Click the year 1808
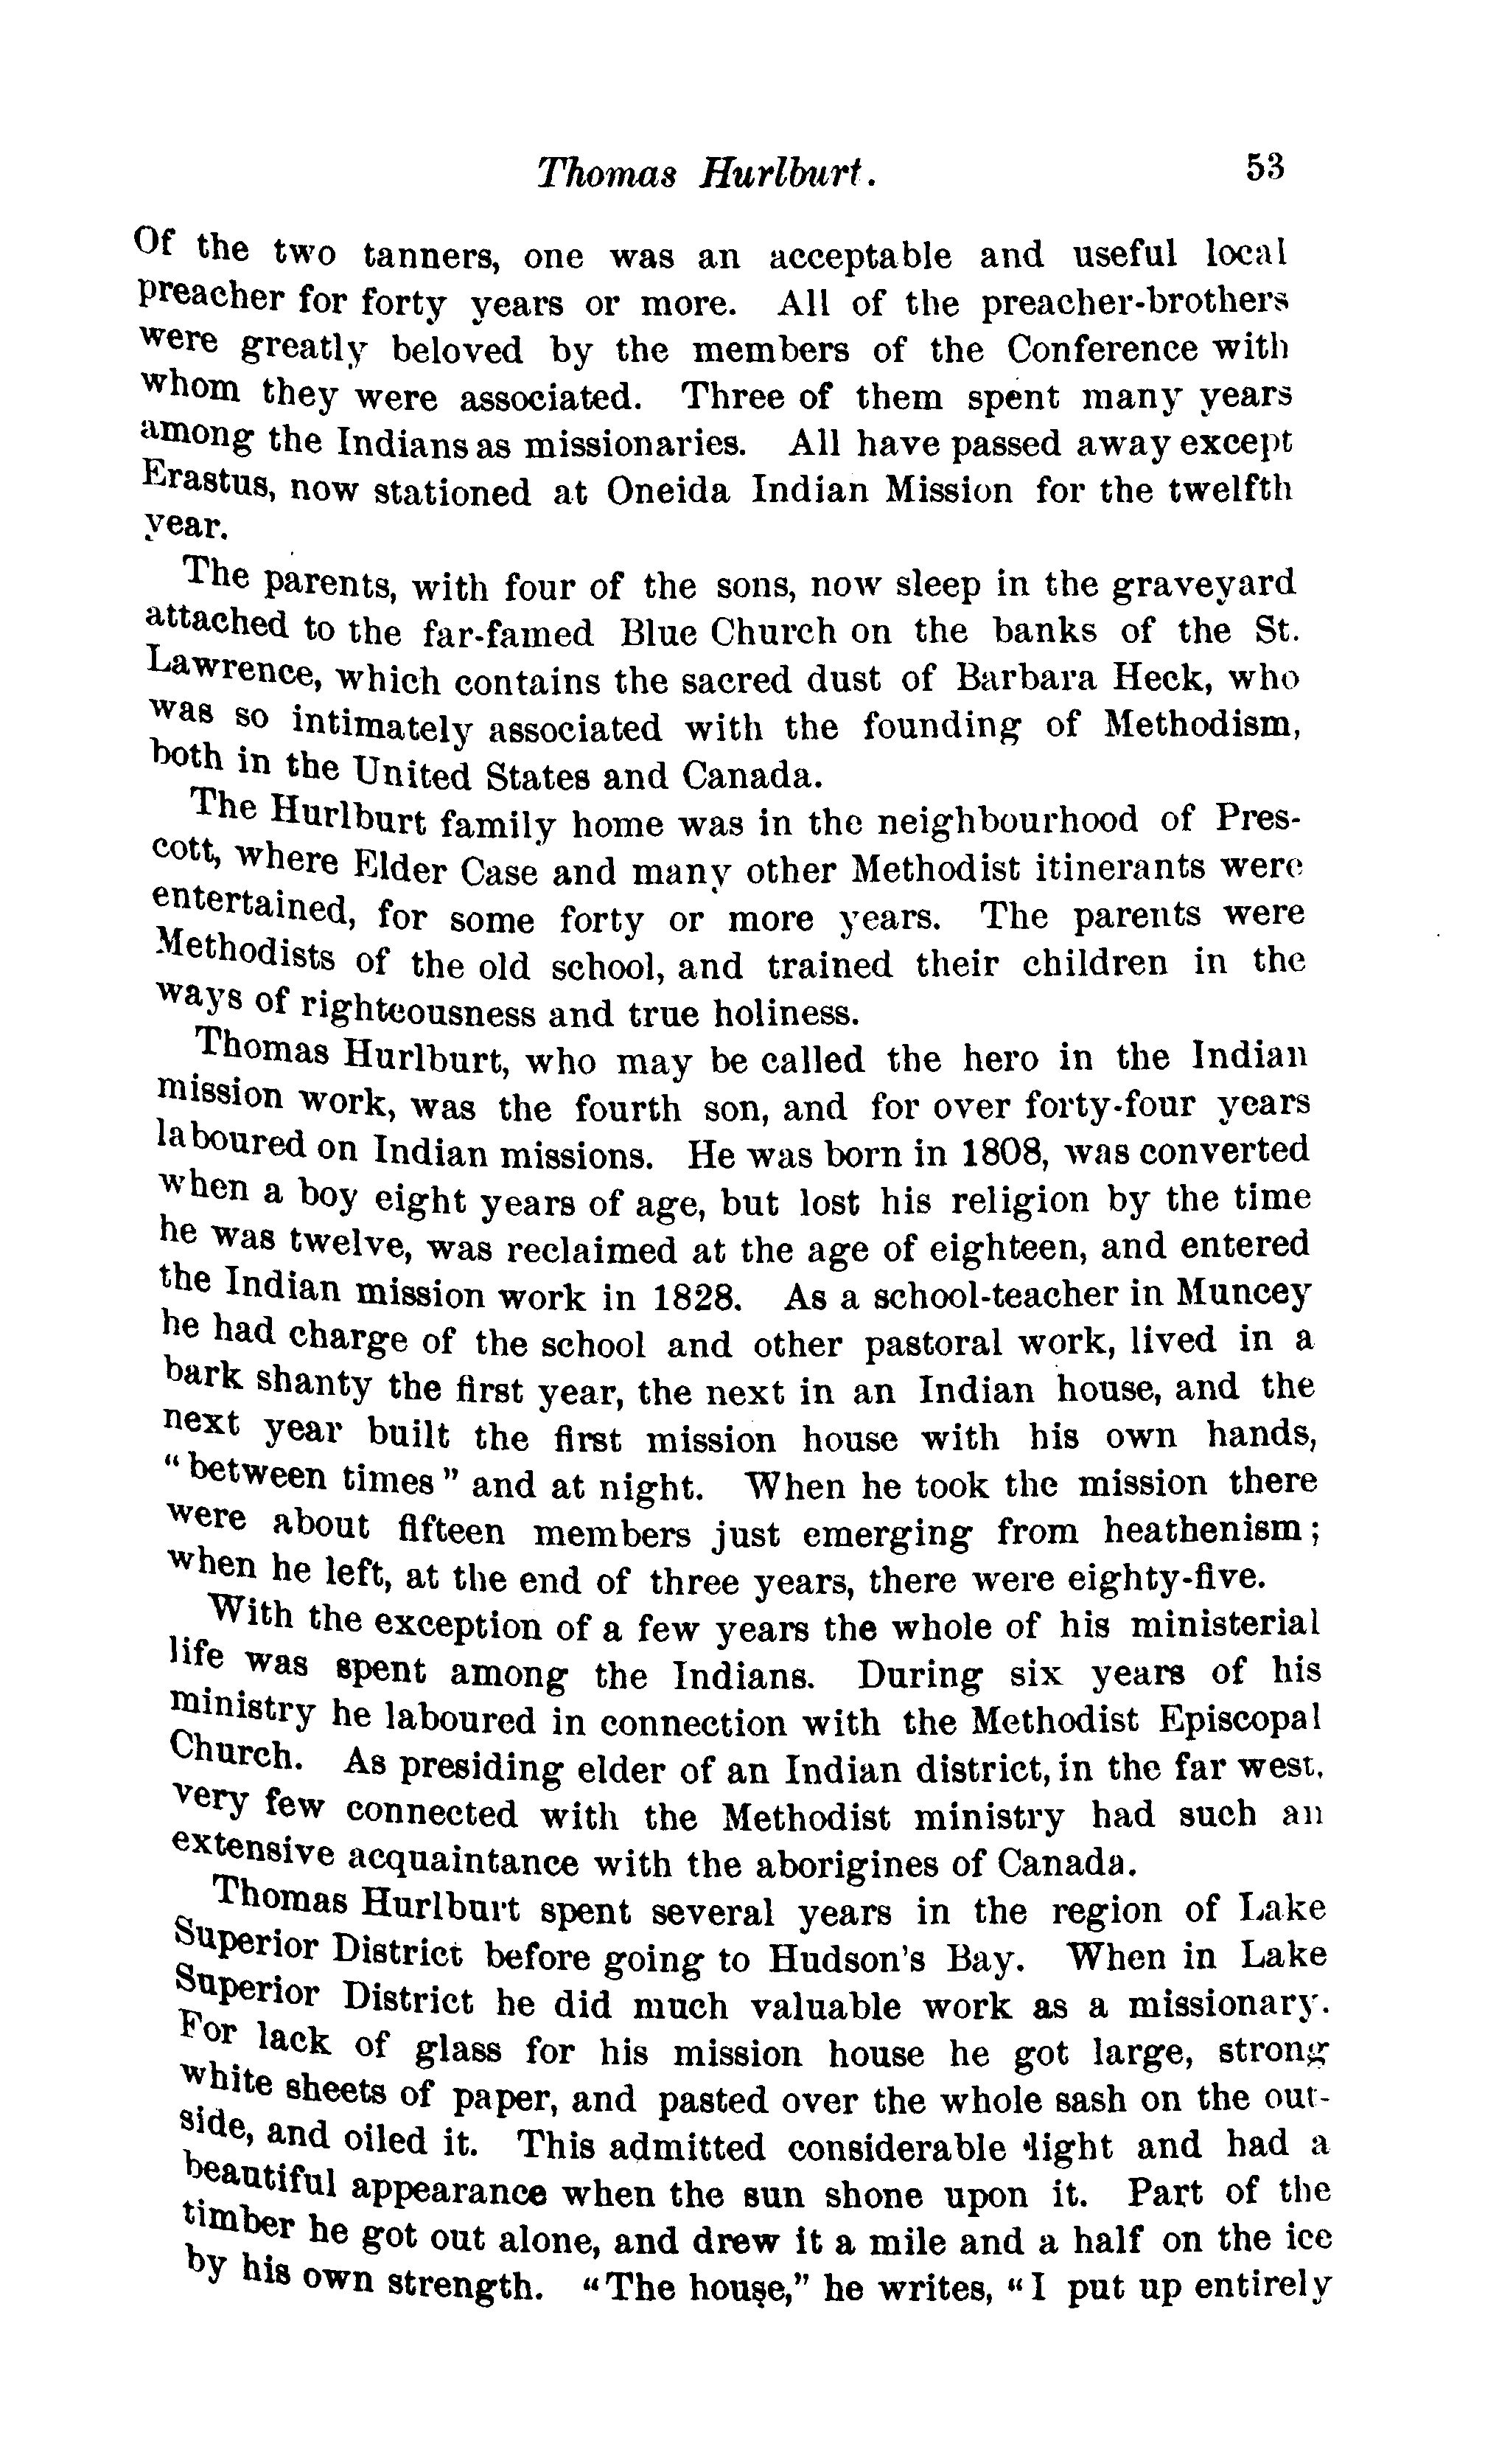pos(1002,1152)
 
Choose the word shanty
pos(314,1385)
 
